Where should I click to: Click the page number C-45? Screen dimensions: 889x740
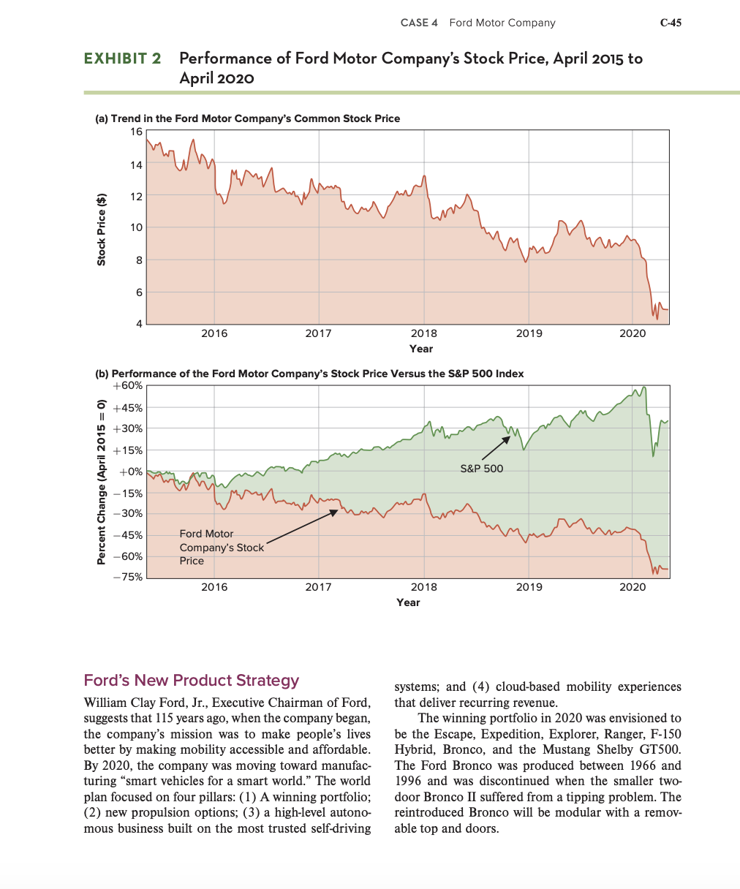(x=671, y=23)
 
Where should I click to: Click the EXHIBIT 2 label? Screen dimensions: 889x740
(x=123, y=58)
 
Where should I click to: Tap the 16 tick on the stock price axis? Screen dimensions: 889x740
(x=137, y=132)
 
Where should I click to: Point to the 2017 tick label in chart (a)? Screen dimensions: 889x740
(x=318, y=333)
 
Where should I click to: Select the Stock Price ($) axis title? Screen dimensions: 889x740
(x=102, y=228)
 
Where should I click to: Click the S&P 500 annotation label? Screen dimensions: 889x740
(x=482, y=468)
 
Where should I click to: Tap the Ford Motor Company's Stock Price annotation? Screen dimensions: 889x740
(x=222, y=547)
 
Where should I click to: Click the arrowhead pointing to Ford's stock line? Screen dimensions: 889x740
(x=335, y=511)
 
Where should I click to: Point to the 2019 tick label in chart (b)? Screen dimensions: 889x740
(x=529, y=587)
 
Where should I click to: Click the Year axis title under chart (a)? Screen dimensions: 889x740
(x=421, y=349)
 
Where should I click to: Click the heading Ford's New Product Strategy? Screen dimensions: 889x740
(x=192, y=680)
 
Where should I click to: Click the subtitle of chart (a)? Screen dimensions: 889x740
(x=249, y=118)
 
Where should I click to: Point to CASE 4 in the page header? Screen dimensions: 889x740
(x=419, y=23)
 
